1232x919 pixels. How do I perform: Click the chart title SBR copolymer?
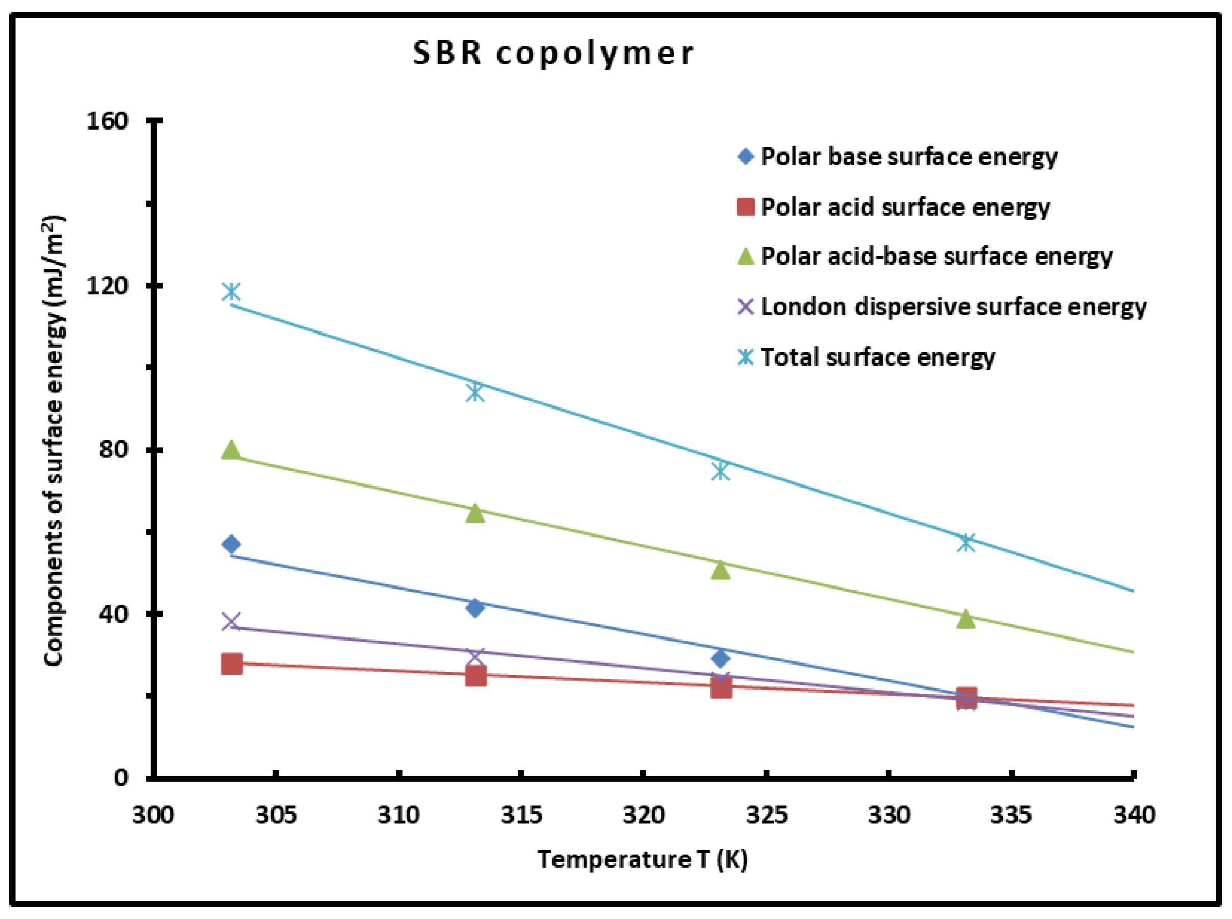point(553,54)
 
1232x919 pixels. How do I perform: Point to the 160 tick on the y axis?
point(107,121)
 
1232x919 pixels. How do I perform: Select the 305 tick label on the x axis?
point(276,815)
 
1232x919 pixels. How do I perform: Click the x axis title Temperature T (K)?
point(643,859)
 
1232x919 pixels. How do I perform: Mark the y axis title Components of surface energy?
point(54,440)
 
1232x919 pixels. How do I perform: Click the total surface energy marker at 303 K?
point(232,291)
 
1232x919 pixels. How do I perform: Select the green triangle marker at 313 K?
point(474,514)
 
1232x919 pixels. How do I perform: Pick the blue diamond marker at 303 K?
point(232,544)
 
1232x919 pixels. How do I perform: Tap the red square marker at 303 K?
point(232,663)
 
